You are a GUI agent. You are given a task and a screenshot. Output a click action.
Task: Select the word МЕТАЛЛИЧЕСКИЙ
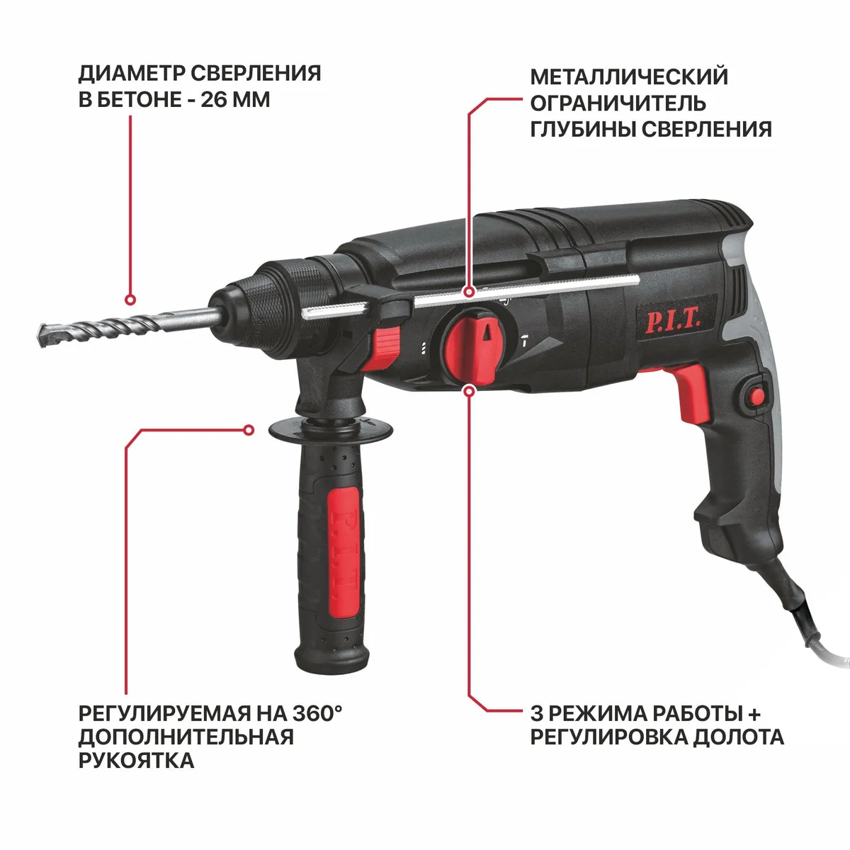coord(629,76)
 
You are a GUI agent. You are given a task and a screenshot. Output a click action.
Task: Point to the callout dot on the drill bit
coord(130,300)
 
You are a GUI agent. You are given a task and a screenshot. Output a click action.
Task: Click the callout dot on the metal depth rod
coord(470,292)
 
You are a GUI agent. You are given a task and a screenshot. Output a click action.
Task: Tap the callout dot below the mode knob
coord(470,391)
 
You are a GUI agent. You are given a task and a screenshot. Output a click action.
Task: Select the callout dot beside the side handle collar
coord(249,430)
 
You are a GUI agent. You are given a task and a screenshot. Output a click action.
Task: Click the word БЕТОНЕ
coord(139,100)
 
